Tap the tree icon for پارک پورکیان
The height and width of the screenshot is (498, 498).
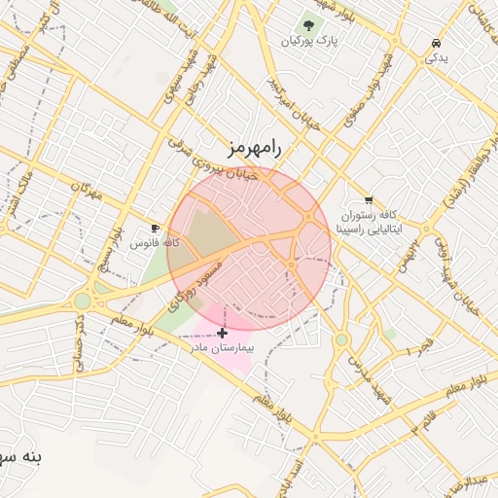[308, 25]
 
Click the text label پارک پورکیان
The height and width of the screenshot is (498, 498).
[307, 42]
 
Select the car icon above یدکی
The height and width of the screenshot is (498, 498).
[435, 44]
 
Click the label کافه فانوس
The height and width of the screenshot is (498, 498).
[156, 242]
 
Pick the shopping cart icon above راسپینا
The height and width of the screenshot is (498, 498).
[368, 200]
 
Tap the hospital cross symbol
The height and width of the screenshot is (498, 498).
[223, 333]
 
